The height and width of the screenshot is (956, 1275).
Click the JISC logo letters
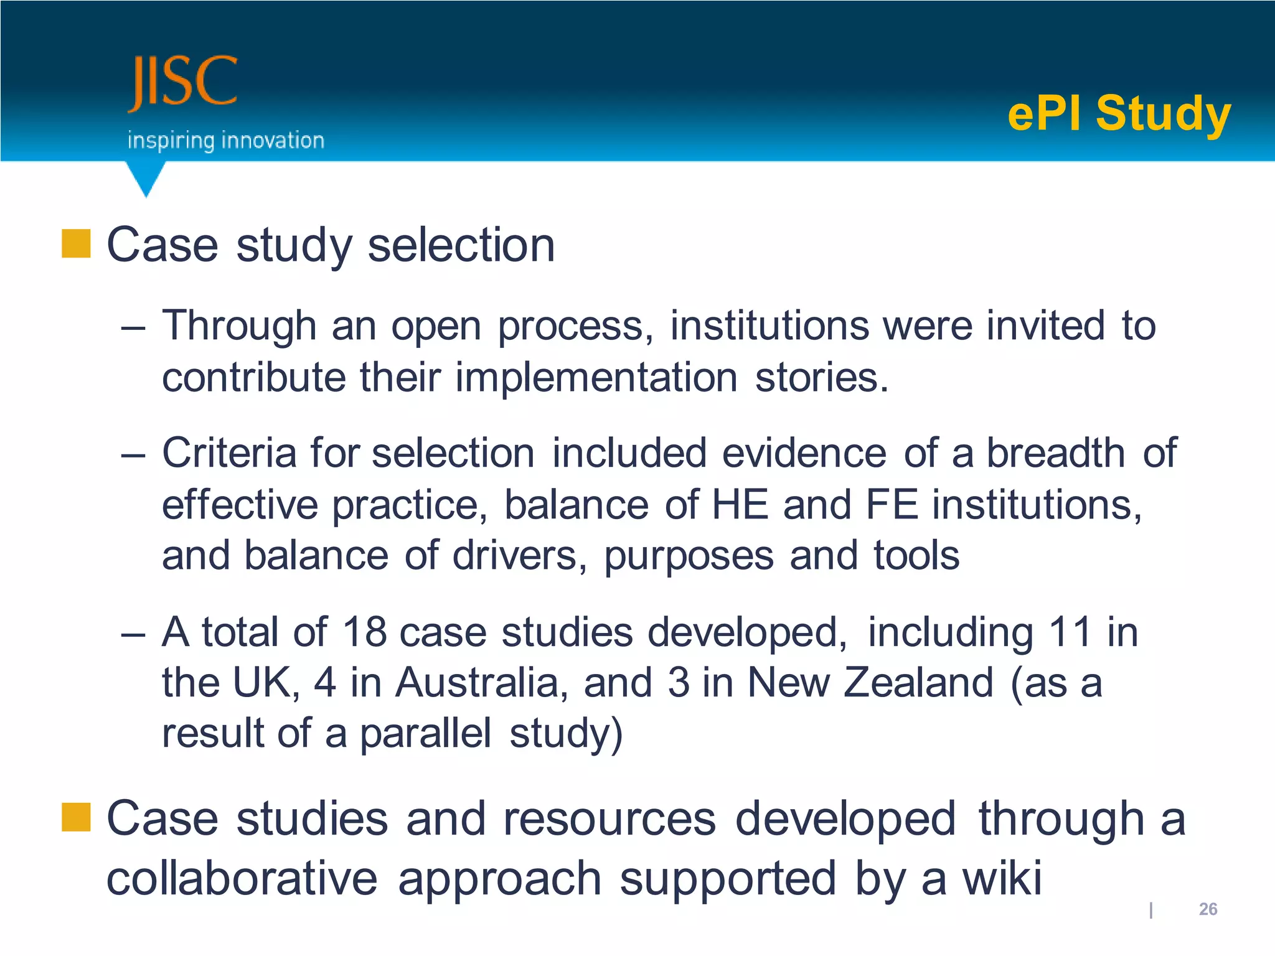[182, 83]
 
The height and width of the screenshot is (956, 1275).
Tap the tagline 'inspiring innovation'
[225, 141]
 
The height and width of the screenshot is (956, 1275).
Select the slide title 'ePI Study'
[1119, 113]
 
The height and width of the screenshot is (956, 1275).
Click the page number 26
[1208, 909]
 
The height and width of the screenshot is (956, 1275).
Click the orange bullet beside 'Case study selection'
[76, 243]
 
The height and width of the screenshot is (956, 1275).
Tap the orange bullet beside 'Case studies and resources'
[76, 817]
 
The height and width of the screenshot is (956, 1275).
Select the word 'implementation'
[596, 378]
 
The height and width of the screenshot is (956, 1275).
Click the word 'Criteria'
[228, 452]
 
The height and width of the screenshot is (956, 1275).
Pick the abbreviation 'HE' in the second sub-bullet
[739, 504]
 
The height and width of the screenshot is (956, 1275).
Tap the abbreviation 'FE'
[892, 504]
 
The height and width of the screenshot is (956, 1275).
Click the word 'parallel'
[425, 733]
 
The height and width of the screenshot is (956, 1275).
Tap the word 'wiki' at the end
[1001, 878]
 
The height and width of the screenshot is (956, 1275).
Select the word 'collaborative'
[242, 878]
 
